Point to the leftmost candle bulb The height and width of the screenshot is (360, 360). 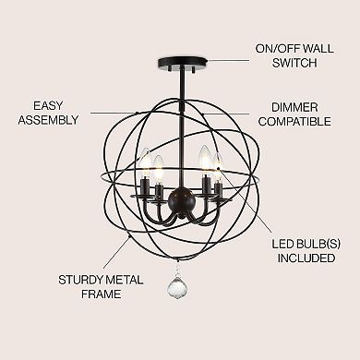144,163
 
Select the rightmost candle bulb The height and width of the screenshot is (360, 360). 219,163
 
